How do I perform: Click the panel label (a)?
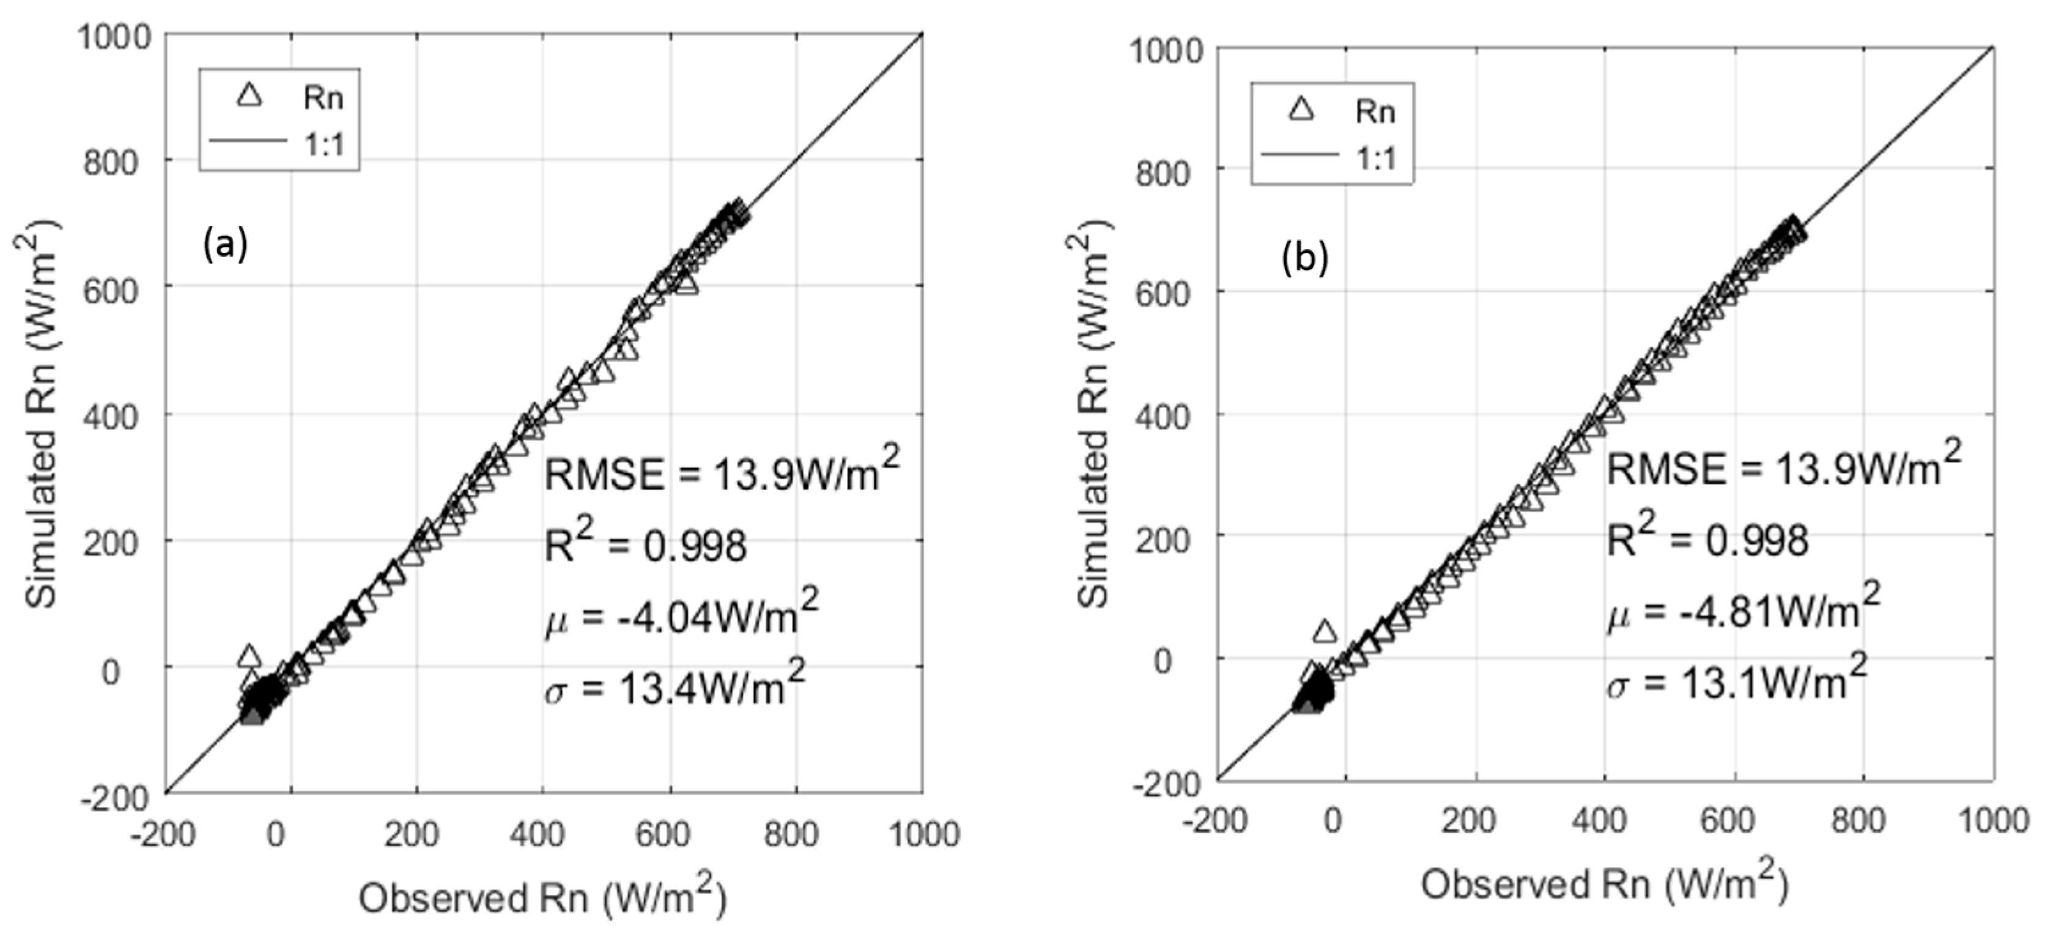226,244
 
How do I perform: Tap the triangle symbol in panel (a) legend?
250,96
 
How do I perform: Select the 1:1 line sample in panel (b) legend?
1300,156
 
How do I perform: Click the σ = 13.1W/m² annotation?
1736,681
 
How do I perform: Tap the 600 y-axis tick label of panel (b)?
1163,294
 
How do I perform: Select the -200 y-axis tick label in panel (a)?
114,797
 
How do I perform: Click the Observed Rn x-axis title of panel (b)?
1605,884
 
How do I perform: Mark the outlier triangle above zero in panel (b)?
1325,632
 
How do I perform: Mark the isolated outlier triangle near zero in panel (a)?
249,656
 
